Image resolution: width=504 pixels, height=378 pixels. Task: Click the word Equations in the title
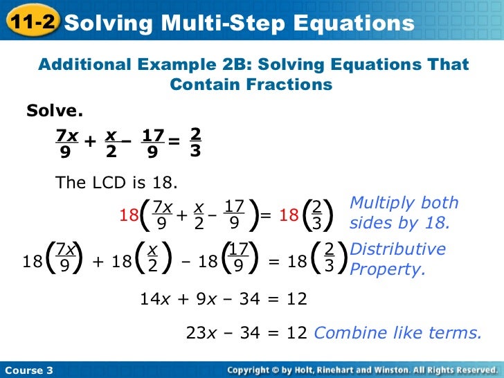click(354, 24)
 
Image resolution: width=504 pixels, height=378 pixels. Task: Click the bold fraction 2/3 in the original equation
click(195, 141)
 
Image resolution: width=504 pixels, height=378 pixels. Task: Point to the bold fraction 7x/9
click(66, 142)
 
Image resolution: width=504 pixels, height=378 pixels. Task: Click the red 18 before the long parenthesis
click(129, 215)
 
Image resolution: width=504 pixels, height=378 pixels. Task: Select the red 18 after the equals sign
click(289, 215)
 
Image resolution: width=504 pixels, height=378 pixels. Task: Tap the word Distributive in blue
click(398, 249)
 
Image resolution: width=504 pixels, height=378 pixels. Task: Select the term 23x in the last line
click(201, 333)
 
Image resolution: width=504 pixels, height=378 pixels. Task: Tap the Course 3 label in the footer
click(28, 370)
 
